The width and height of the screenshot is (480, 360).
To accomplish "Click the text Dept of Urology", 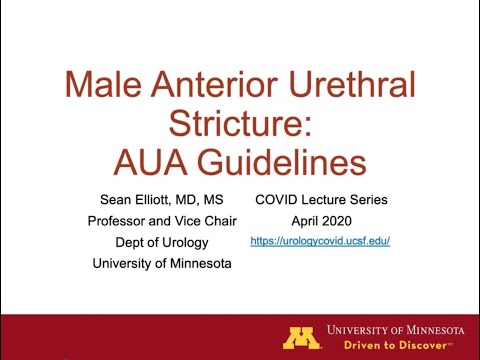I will click(158, 242).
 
